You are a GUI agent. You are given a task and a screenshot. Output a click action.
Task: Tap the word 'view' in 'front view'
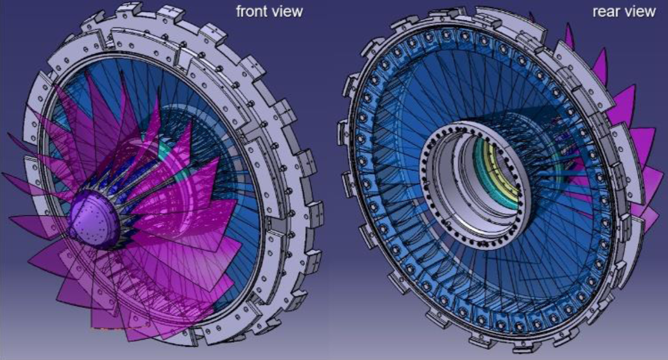pos(288,12)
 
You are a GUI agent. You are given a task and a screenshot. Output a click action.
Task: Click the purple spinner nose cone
pos(94,219)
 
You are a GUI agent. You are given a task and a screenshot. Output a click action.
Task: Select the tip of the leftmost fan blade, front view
pos(3,174)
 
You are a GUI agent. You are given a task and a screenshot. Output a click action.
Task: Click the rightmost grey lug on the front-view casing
pos(316,211)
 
